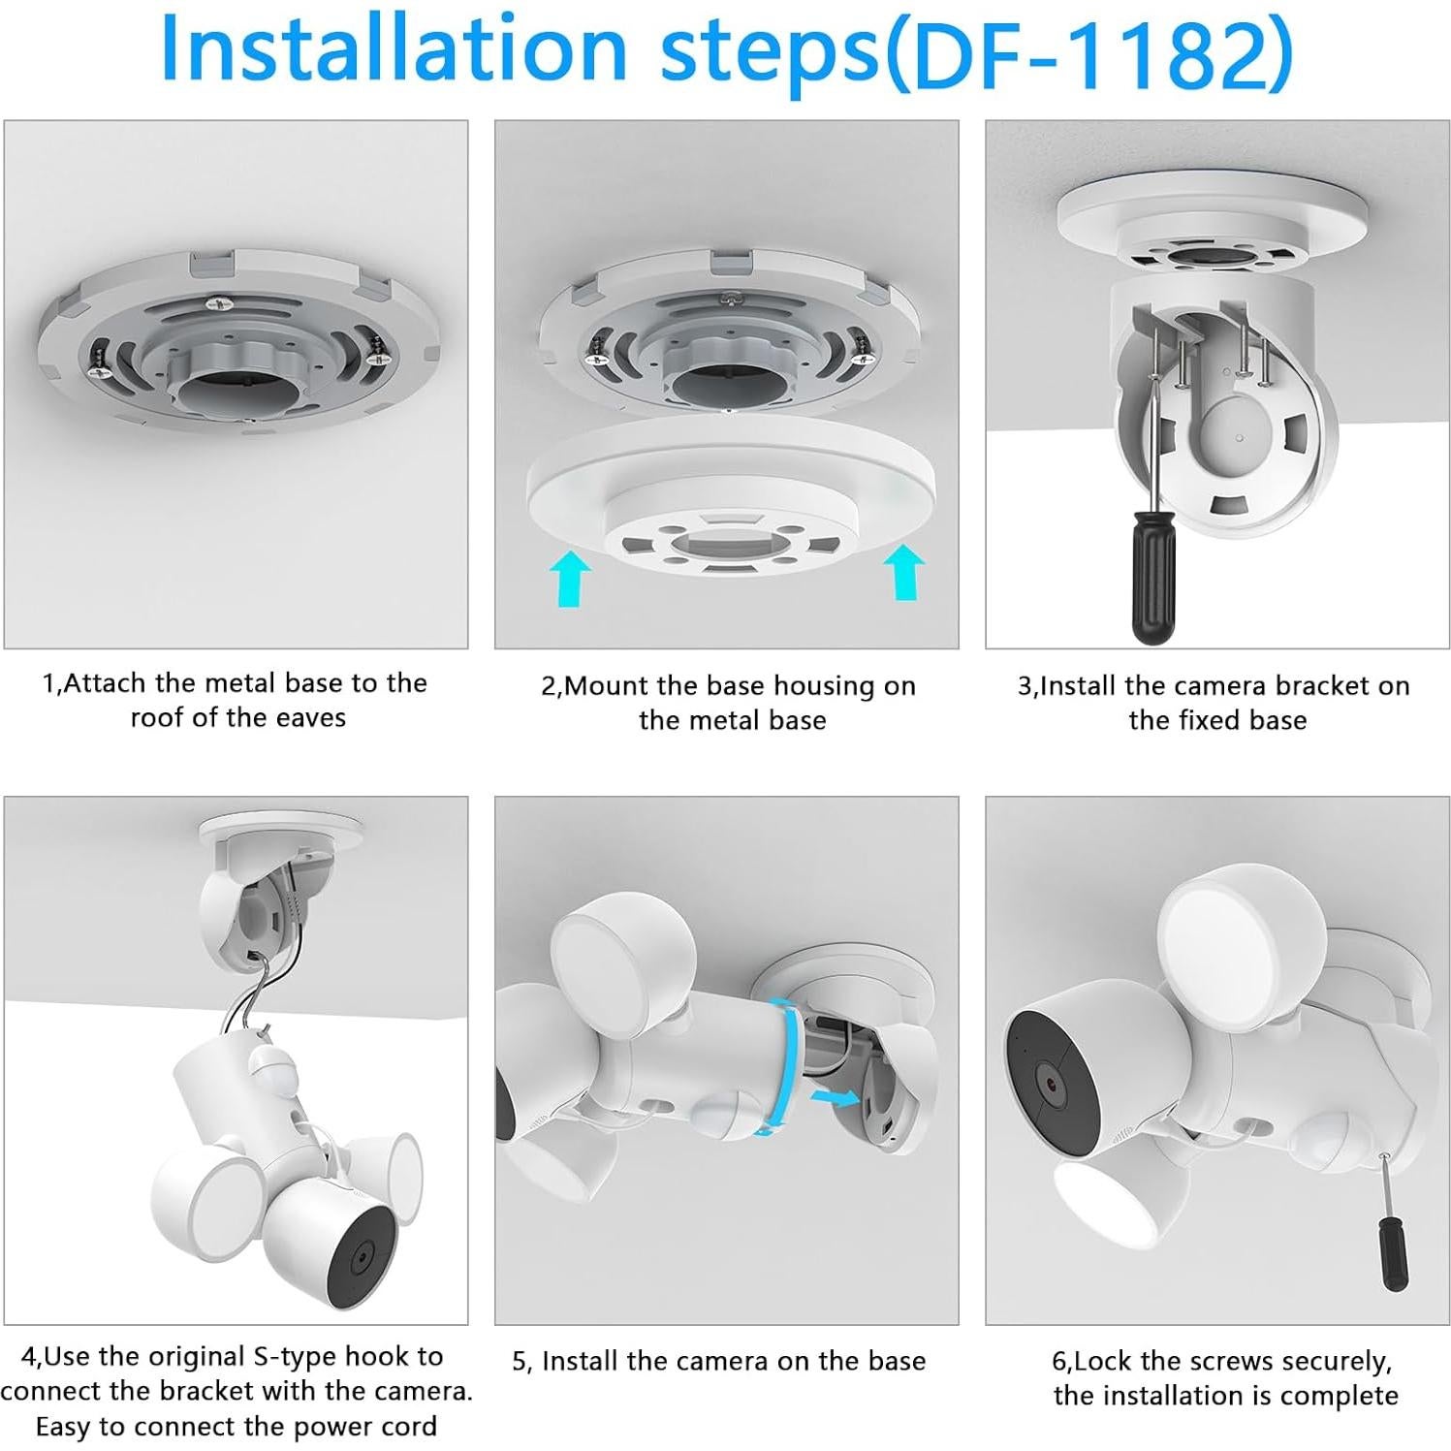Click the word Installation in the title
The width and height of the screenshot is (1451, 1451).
pos(394,47)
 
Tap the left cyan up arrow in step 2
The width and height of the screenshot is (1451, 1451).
pos(569,579)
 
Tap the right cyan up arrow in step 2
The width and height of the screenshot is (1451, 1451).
pos(905,572)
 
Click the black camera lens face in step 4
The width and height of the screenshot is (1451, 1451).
pos(361,1254)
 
